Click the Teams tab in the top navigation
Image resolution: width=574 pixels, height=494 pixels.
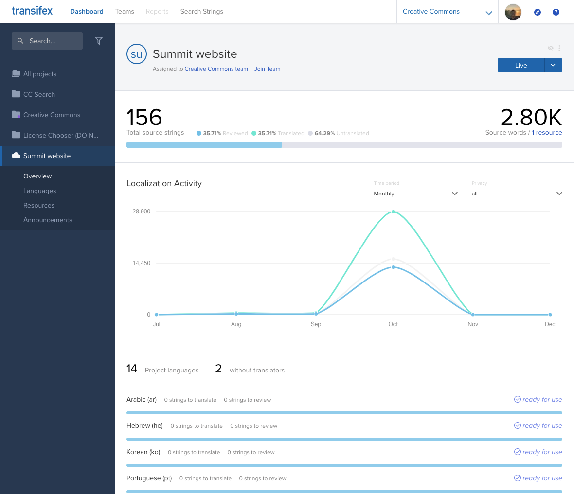click(125, 11)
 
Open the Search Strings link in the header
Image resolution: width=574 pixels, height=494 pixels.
click(201, 11)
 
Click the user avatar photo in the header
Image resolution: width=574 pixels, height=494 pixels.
click(513, 12)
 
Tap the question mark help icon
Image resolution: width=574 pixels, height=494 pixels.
click(556, 12)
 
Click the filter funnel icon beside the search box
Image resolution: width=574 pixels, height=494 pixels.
click(99, 41)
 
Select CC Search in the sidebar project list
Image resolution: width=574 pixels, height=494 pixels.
click(39, 94)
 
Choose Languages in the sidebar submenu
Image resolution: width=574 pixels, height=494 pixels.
click(39, 191)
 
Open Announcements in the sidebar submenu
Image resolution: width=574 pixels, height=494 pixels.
click(48, 220)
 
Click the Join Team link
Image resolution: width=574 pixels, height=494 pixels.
click(267, 69)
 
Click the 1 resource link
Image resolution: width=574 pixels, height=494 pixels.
click(547, 132)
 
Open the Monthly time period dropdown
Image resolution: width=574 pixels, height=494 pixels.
click(415, 194)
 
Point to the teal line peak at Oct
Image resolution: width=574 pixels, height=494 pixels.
click(393, 212)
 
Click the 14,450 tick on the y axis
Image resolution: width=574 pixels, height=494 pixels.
click(142, 263)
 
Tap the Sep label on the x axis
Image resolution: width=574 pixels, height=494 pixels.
click(316, 324)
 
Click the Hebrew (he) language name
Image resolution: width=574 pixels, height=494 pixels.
click(144, 425)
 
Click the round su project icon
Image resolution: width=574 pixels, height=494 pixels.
click(137, 54)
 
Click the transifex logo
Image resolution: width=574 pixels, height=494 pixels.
click(32, 11)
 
